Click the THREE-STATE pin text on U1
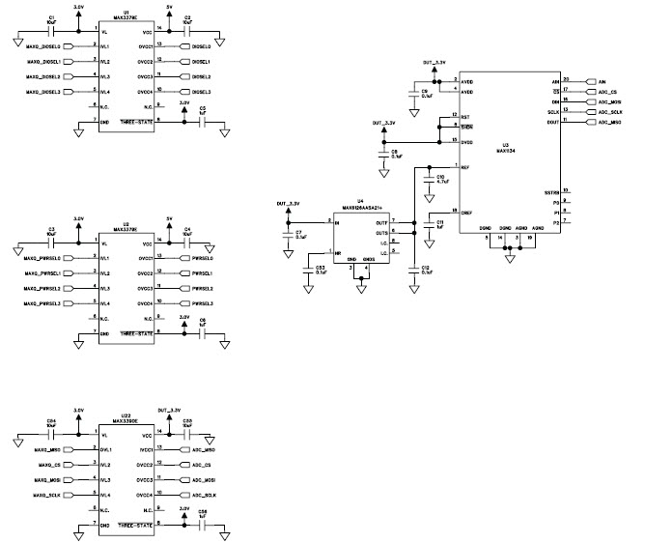click(x=134, y=121)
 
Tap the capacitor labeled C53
click(x=321, y=270)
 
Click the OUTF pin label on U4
click(x=382, y=222)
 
